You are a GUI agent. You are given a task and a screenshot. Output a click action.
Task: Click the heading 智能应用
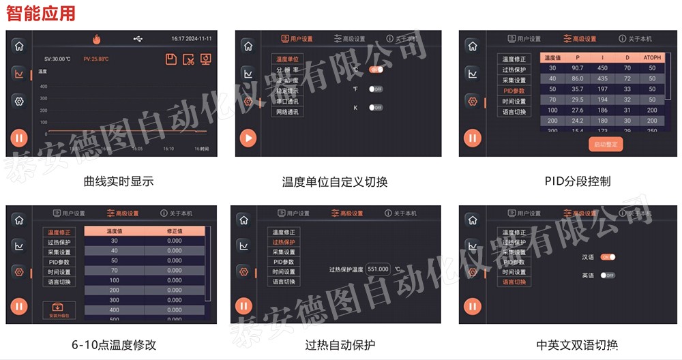(40, 12)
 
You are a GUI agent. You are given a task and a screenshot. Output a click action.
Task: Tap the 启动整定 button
(606, 144)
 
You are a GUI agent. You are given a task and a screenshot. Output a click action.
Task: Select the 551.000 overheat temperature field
(378, 269)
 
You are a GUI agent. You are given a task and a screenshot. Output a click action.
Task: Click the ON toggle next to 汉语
(608, 257)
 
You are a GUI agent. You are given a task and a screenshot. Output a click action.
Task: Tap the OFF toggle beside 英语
(607, 275)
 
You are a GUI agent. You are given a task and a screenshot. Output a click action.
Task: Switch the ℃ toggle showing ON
(376, 70)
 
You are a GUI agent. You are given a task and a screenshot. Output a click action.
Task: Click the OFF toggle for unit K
(376, 108)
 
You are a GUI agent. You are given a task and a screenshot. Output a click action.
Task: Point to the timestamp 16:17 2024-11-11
(191, 39)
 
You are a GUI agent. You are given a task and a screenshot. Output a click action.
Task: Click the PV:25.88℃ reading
(96, 59)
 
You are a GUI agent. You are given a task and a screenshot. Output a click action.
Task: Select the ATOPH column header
(652, 59)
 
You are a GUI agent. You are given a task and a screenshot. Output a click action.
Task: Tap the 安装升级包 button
(59, 310)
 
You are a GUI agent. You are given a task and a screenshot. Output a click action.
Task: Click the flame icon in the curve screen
(96, 39)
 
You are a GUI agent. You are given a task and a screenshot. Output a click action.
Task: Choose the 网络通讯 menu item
(287, 112)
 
